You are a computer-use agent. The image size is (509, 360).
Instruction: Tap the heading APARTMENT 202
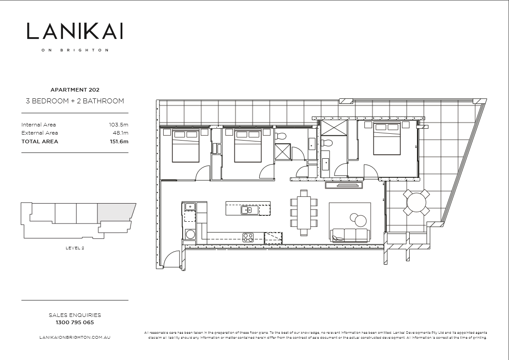(x=75, y=90)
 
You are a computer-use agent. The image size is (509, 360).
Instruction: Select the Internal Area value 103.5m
(x=119, y=125)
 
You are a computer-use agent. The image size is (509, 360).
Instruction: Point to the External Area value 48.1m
(x=121, y=133)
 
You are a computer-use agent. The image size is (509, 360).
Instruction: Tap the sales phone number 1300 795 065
(x=75, y=323)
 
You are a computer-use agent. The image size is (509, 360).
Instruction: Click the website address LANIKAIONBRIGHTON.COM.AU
(x=75, y=337)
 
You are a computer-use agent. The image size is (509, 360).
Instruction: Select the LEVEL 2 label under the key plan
(x=75, y=248)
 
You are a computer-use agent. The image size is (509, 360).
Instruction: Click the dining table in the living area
(x=304, y=212)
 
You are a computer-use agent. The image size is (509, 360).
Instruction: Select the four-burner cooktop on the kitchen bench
(x=247, y=236)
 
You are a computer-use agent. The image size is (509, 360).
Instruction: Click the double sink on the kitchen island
(x=247, y=209)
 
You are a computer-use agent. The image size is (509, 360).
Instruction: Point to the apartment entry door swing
(x=173, y=260)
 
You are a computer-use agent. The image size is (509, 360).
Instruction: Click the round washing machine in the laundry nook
(x=190, y=234)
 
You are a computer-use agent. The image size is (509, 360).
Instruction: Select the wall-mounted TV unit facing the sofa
(x=344, y=185)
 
